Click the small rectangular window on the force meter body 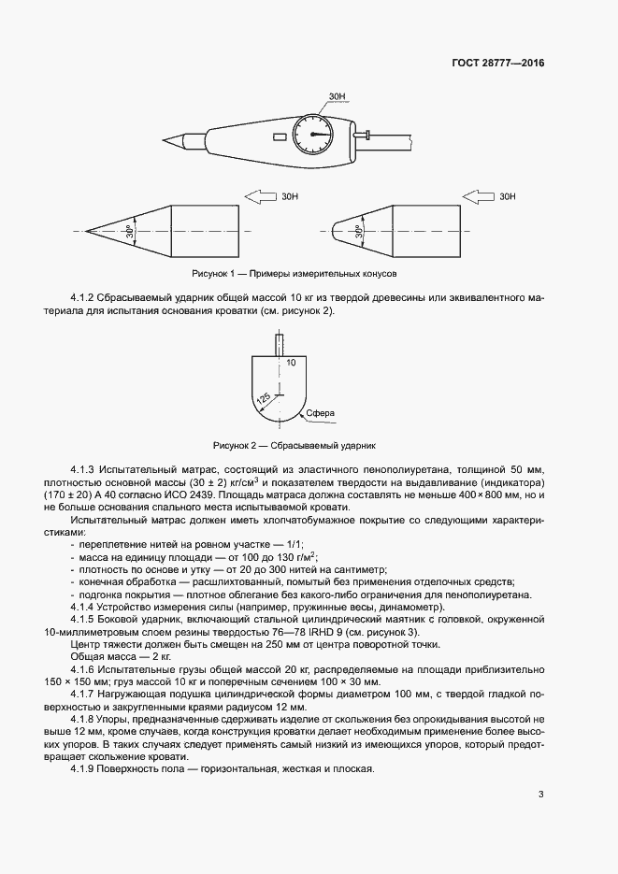[x=279, y=137]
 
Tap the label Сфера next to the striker [x=319, y=412]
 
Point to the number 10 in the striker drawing [x=291, y=361]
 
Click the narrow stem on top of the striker [x=278, y=343]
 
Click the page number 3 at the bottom [x=540, y=795]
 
